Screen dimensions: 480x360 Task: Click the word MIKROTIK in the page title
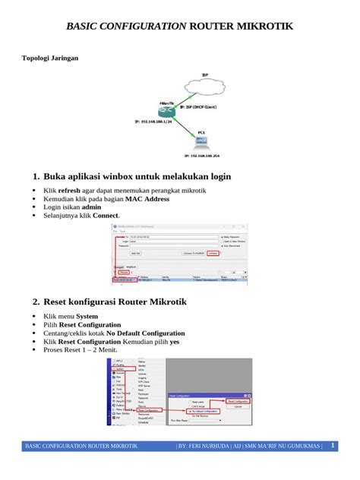click(x=260, y=27)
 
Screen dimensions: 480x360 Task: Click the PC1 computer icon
click(x=201, y=142)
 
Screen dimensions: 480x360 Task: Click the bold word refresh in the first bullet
click(x=69, y=191)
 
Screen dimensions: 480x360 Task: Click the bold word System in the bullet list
click(x=87, y=316)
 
